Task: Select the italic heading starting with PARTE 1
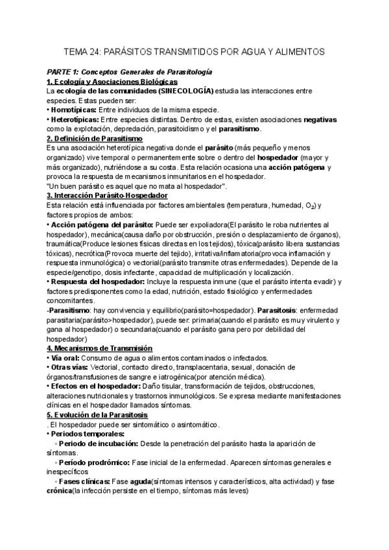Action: pyautogui.click(x=129, y=72)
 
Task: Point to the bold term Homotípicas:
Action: pyautogui.click(x=74, y=110)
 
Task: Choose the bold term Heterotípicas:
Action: pyautogui.click(x=75, y=120)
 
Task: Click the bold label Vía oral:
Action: pyautogui.click(x=65, y=358)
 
